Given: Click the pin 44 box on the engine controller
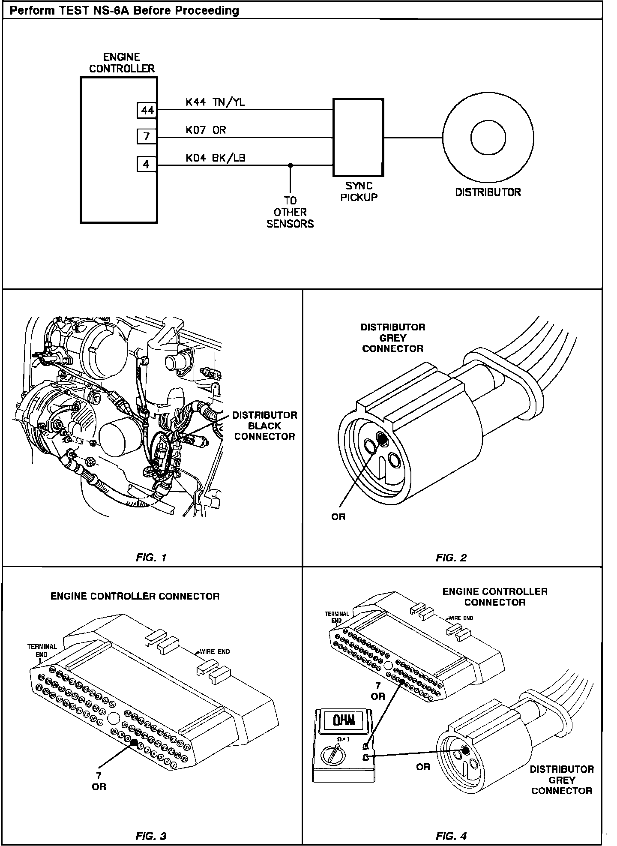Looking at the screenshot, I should click(147, 111).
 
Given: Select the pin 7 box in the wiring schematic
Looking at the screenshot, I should click(147, 137).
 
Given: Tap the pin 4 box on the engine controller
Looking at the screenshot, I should click(147, 164).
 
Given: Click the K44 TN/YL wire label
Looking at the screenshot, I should click(215, 102).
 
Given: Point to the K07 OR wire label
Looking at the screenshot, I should click(206, 130).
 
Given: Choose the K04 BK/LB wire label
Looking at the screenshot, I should click(216, 158).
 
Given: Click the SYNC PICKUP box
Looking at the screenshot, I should click(358, 138).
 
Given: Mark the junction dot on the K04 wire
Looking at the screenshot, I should click(290, 165).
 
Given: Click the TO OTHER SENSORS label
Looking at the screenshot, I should click(290, 212).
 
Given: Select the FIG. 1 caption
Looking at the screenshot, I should click(151, 558).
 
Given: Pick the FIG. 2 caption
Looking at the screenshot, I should click(451, 558).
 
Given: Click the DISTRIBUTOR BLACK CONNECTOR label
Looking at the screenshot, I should click(265, 426).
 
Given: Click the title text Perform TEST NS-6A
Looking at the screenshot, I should click(124, 10).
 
